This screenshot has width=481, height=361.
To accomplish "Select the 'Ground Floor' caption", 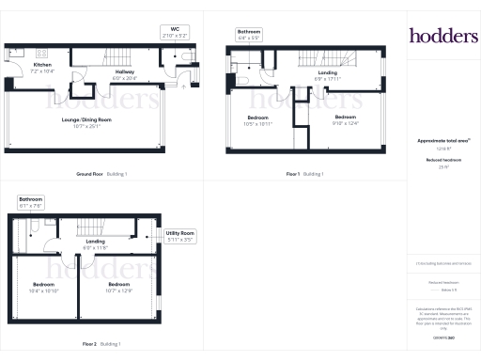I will point(94,174).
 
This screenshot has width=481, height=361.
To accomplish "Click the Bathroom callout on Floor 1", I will point(248,35).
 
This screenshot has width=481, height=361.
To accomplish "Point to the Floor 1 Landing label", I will point(327,72).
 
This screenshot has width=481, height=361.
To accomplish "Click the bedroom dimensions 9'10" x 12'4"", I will point(345,123).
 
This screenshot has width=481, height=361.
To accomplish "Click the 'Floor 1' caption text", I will point(293,174).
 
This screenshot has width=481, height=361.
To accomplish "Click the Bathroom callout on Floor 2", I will point(32,202).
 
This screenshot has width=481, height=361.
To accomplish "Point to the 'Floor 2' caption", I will point(89,345).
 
